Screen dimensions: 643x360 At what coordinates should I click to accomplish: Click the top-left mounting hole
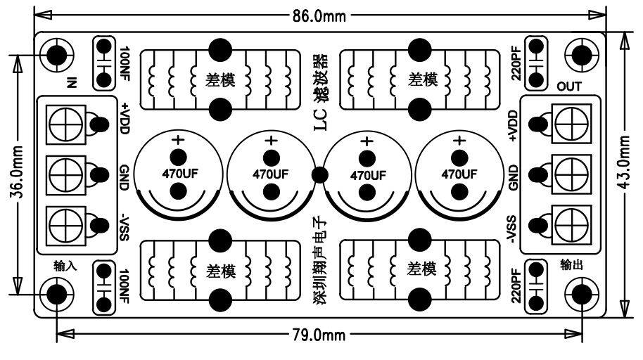[x=56, y=54]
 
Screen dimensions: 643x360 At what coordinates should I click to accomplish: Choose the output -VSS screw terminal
[x=571, y=222]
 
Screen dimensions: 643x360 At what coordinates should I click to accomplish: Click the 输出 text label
[x=572, y=264]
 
